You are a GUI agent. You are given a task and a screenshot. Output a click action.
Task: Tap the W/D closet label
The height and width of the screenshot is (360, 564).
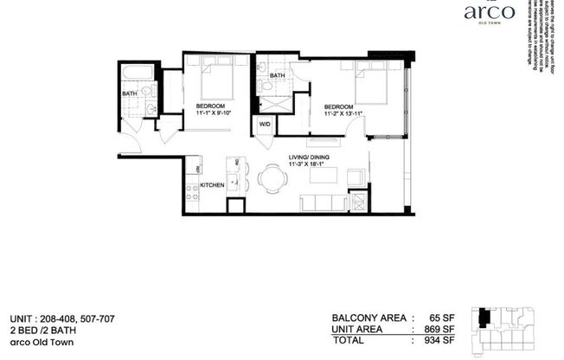pyautogui.click(x=264, y=124)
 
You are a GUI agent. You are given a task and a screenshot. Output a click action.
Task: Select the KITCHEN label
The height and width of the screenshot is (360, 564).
pyautogui.click(x=212, y=185)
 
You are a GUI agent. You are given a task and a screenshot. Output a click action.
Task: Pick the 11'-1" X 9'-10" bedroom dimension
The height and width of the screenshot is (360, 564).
pyautogui.click(x=209, y=112)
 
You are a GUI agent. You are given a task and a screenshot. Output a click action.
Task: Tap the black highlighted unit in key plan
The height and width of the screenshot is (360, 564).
pyautogui.click(x=484, y=318)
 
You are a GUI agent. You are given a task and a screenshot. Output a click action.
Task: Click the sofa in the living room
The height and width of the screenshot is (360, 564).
pyautogui.click(x=322, y=202)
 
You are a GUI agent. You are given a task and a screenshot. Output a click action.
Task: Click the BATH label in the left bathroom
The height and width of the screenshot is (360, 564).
pyautogui.click(x=129, y=93)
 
